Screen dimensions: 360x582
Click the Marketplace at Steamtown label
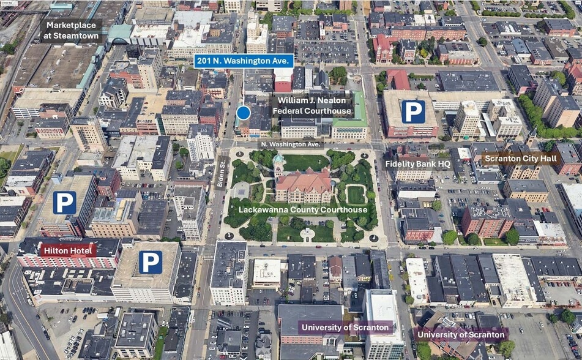tap(72, 31)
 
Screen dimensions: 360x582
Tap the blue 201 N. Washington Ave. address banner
tap(244, 61)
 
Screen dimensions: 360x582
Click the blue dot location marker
tap(244, 113)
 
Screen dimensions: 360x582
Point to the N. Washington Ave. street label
tap(291, 144)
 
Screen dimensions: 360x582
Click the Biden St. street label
tap(220, 173)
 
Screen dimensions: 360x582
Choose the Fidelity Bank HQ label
tap(418, 163)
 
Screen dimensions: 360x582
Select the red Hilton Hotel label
tap(67, 250)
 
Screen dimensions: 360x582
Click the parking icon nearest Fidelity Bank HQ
tap(412, 112)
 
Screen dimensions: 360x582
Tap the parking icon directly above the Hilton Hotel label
tap(64, 203)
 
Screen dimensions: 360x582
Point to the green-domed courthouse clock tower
tap(278, 161)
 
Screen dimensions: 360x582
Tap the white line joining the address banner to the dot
tap(244, 86)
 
